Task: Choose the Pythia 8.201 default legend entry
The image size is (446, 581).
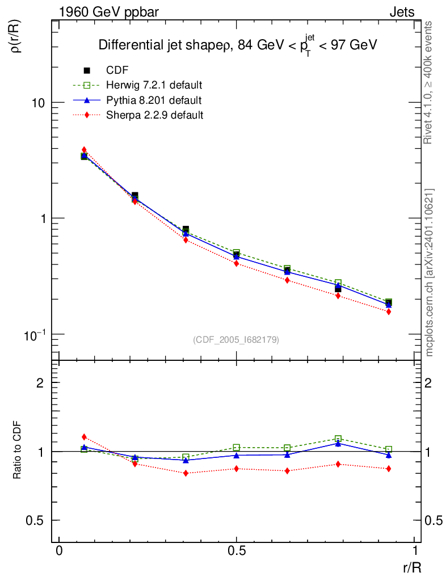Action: pyautogui.click(x=153, y=100)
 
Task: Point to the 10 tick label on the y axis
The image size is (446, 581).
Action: pyautogui.click(x=37, y=103)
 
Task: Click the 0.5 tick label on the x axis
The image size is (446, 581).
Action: pyautogui.click(x=236, y=551)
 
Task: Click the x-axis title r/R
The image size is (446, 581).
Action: pyautogui.click(x=411, y=567)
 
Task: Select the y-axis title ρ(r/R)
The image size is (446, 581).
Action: pyautogui.click(x=16, y=37)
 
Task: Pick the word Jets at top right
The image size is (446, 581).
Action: pyautogui.click(x=402, y=12)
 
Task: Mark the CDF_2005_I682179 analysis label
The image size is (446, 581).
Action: pyautogui.click(x=236, y=339)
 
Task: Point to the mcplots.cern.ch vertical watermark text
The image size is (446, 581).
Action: pyautogui.click(x=430, y=272)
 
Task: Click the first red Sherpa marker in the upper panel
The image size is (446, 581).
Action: pyautogui.click(x=84, y=150)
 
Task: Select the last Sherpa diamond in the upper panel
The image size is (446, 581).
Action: pyautogui.click(x=389, y=311)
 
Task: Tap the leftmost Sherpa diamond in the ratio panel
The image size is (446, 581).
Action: pyautogui.click(x=84, y=437)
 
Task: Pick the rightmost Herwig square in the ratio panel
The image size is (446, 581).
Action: pyautogui.click(x=389, y=449)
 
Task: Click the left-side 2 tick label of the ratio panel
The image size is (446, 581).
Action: pyautogui.click(x=40, y=382)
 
